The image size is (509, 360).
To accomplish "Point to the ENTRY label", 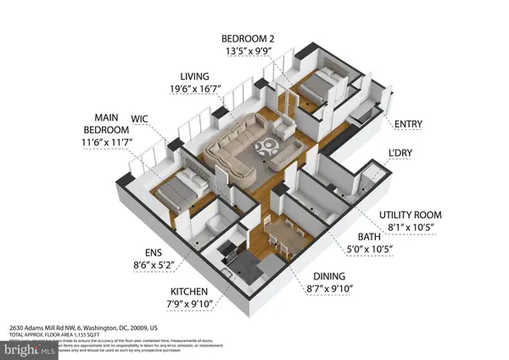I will pyautogui.click(x=411, y=124).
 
